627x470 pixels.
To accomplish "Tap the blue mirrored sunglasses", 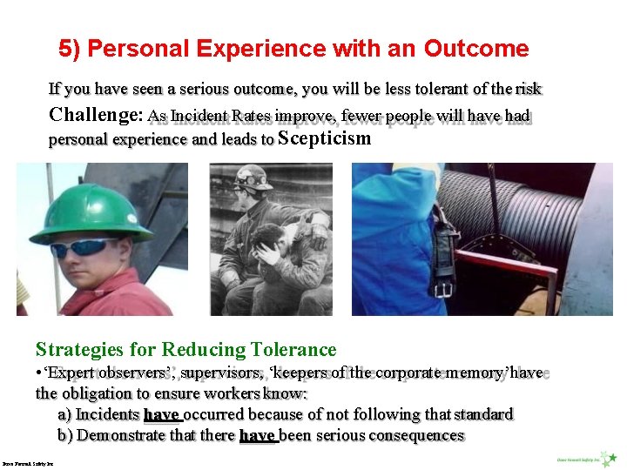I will coord(84,247).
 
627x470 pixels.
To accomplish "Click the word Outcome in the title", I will coord(476,49).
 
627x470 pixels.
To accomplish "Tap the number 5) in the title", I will coord(70,49).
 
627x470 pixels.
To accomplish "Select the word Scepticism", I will coord(324,138).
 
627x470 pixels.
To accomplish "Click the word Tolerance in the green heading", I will coord(293,350).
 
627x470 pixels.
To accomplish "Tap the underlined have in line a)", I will coord(162,414).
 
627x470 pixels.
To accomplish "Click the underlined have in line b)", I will coord(258,435).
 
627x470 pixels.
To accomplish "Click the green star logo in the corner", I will coord(613,458).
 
